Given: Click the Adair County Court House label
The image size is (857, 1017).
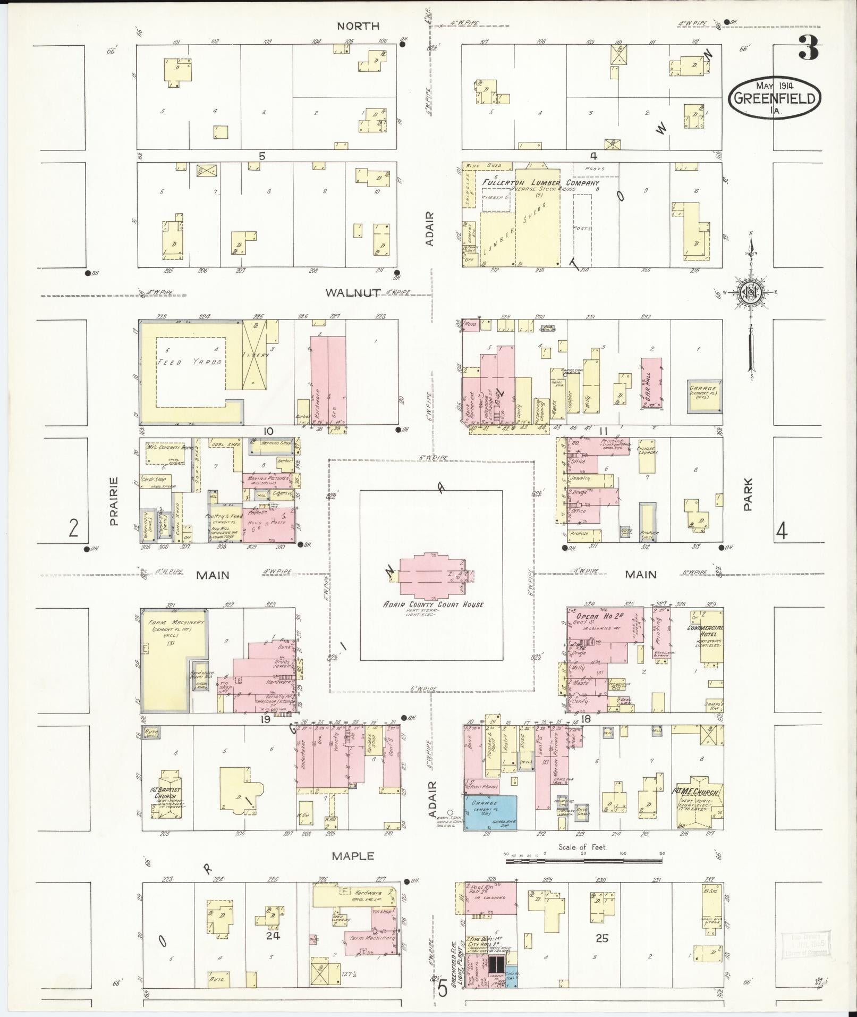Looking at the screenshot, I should [x=434, y=604].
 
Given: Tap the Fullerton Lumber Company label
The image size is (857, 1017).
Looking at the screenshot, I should [x=540, y=183].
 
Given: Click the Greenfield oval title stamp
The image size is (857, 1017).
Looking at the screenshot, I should [x=775, y=98].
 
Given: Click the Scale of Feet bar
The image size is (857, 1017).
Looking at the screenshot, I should [x=584, y=854].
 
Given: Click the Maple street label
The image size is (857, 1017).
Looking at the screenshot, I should [x=353, y=856].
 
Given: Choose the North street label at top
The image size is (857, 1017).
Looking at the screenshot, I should [x=358, y=26].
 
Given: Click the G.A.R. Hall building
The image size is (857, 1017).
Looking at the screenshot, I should [x=652, y=383].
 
